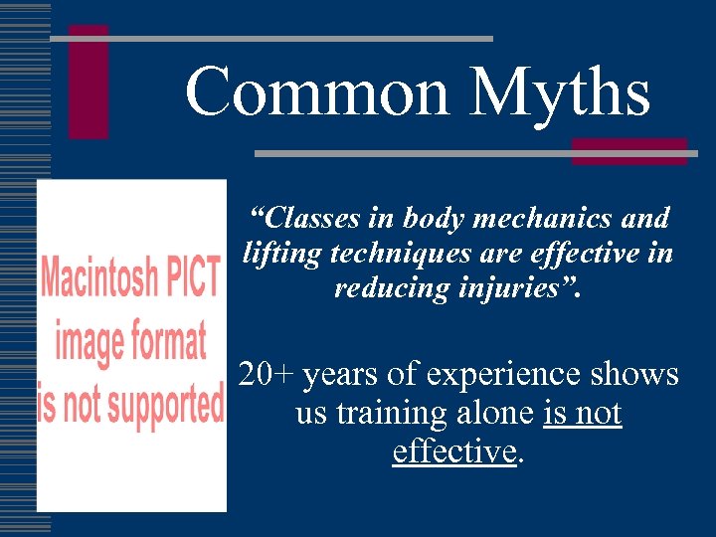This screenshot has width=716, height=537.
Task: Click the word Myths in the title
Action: [561, 91]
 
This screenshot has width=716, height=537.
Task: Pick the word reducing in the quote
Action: [383, 288]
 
